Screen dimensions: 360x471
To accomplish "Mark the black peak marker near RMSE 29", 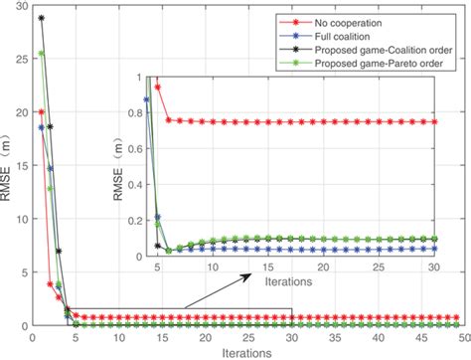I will point(41,18).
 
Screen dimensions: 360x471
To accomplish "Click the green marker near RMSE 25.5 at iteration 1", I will point(41,54).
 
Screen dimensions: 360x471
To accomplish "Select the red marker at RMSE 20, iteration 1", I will point(41,111).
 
